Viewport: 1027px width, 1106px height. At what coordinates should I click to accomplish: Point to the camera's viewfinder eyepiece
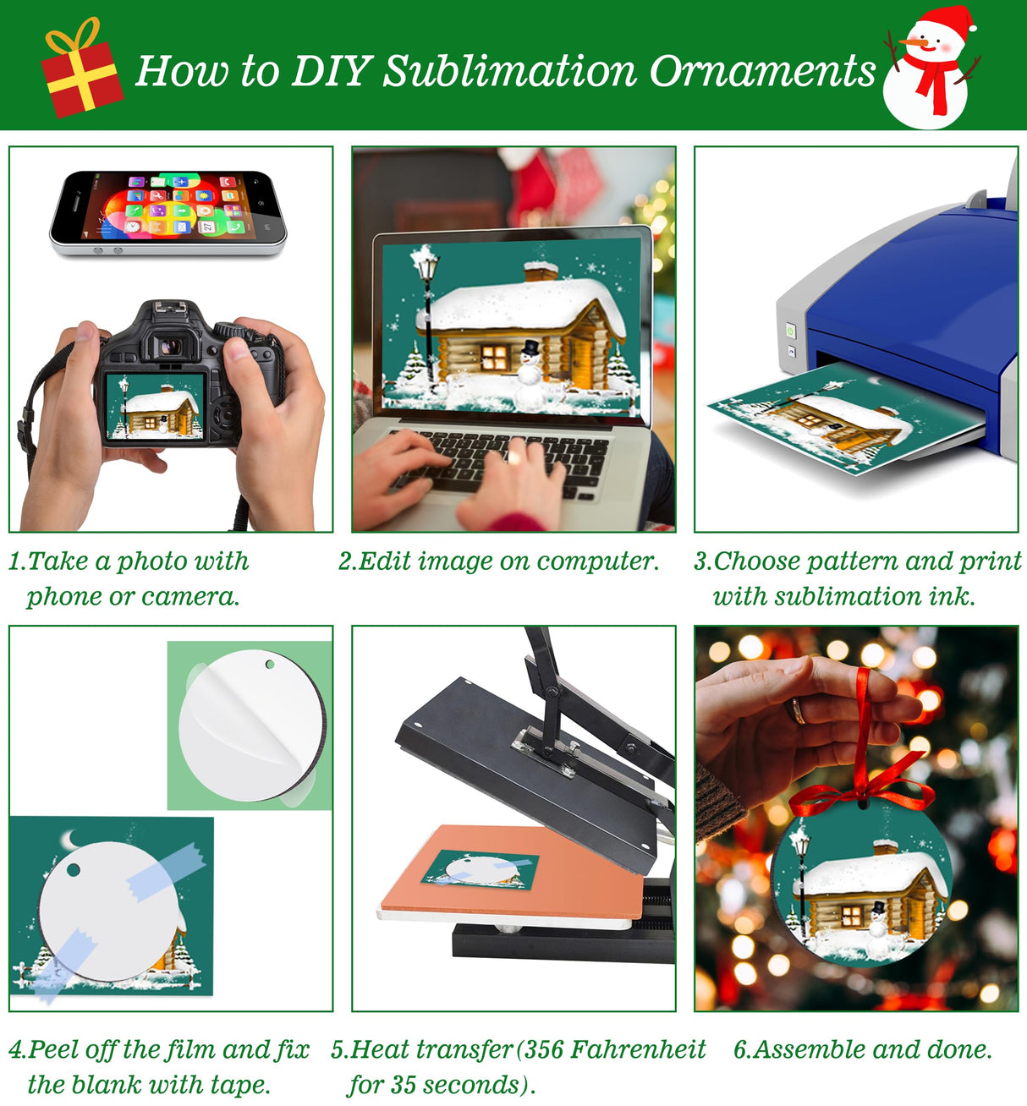point(172,346)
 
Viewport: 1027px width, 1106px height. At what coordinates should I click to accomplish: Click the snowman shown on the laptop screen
point(530,376)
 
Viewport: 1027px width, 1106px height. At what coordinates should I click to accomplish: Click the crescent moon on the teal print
point(69,840)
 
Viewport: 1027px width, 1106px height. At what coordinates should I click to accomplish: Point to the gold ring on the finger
point(796,710)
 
